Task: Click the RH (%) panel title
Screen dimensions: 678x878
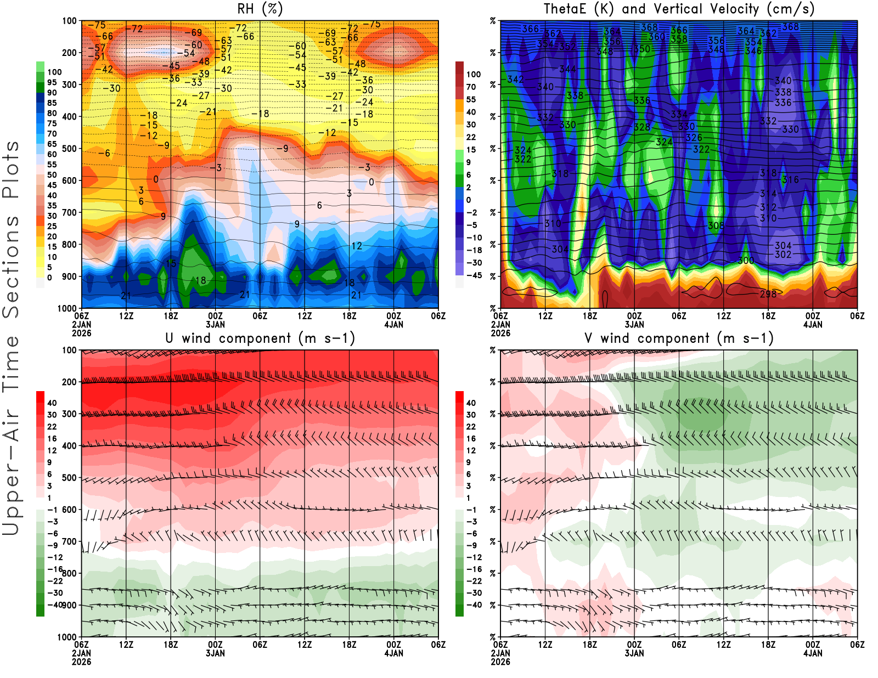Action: point(260,9)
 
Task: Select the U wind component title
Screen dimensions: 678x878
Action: point(260,338)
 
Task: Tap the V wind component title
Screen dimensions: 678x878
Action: point(679,338)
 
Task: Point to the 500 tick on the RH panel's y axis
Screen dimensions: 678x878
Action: point(69,149)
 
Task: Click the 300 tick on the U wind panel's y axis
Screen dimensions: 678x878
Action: point(69,414)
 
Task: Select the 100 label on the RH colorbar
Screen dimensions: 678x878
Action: point(54,72)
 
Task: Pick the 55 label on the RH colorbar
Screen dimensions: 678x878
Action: point(52,165)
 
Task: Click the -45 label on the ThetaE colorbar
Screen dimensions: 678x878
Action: point(474,275)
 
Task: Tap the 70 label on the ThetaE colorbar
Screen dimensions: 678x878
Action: point(471,87)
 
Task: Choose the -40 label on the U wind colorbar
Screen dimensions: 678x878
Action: point(54,604)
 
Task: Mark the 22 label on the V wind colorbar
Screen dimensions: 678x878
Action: point(471,427)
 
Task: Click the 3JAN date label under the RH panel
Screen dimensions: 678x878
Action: point(215,325)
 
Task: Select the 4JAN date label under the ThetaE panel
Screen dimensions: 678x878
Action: point(813,325)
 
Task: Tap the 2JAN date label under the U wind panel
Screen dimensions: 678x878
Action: point(81,653)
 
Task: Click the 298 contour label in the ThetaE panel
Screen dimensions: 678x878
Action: point(768,295)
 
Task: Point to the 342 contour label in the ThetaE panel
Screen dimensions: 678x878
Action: point(515,80)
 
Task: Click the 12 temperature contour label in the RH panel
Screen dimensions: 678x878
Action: point(357,246)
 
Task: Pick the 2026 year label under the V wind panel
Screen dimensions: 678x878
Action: point(500,662)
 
